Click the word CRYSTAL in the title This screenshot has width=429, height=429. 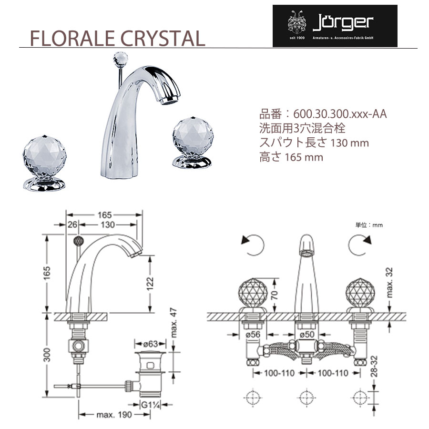click(163, 38)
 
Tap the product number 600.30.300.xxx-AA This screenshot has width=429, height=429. click(340, 114)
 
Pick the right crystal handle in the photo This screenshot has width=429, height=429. click(193, 142)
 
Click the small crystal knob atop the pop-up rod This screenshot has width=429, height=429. click(121, 58)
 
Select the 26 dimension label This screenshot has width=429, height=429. click(72, 225)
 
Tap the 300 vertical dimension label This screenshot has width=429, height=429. click(47, 355)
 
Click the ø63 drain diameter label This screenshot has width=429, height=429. click(151, 344)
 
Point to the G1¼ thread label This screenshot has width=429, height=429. click(150, 404)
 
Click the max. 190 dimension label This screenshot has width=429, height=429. click(114, 415)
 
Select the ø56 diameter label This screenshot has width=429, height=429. click(253, 334)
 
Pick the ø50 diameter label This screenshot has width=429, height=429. click(306, 334)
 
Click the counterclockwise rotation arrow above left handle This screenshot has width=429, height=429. click(253, 245)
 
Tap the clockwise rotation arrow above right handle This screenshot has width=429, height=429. click(360, 245)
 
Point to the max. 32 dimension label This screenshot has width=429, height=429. click(389, 282)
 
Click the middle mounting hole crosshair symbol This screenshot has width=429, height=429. click(306, 398)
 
